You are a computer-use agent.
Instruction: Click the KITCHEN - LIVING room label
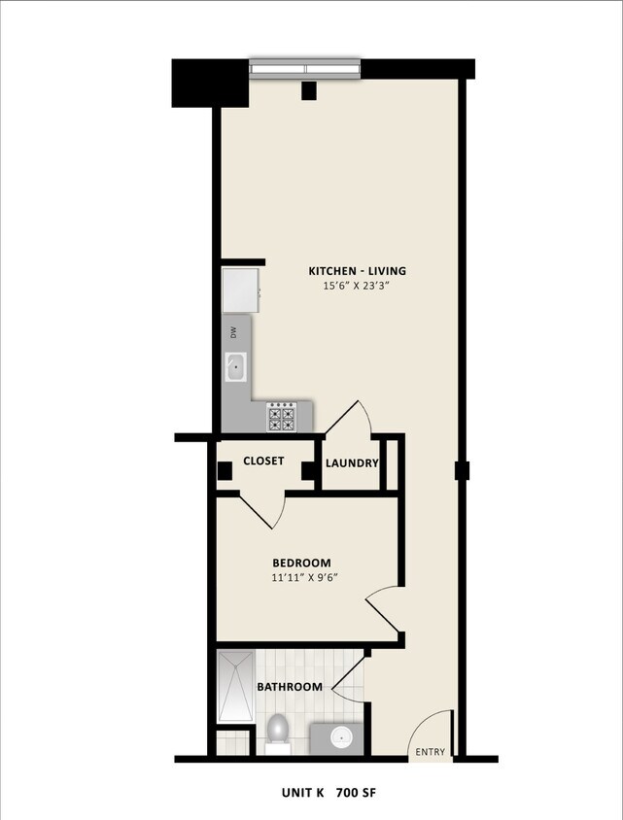point(357,271)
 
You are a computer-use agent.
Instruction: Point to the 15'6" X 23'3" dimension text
point(357,287)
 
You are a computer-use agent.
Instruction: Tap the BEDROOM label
point(301,563)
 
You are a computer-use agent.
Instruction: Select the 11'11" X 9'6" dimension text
point(304,578)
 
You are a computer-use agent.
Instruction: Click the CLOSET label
point(263,461)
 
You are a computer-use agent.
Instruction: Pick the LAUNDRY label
point(352,463)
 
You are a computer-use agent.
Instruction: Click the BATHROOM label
point(289,687)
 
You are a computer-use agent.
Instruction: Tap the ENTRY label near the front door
point(430,752)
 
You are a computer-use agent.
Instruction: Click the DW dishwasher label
point(233,332)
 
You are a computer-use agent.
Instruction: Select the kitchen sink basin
point(235,367)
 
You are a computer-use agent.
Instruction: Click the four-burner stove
point(281,417)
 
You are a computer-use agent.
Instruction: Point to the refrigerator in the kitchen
point(240,290)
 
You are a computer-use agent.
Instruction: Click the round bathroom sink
point(342,737)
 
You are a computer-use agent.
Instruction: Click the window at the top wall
point(305,68)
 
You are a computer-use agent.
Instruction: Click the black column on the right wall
point(463,471)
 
